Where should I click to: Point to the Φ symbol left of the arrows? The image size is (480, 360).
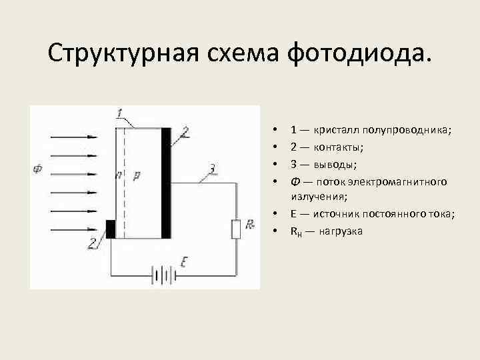37,169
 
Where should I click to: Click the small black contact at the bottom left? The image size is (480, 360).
111,228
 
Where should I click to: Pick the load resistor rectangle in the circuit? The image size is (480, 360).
235,228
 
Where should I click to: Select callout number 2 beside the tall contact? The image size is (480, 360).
185,133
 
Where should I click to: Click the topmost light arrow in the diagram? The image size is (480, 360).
73,137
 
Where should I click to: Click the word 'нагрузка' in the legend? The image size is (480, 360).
340,231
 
